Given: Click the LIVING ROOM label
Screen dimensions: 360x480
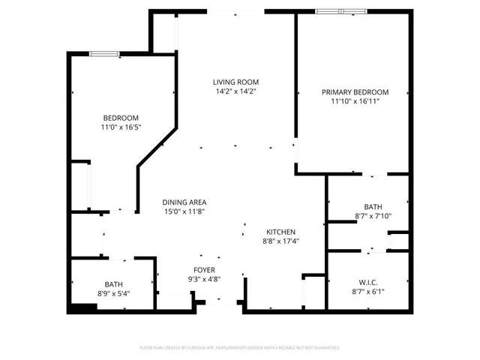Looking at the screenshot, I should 235,82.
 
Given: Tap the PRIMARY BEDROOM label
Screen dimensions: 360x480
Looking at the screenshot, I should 355,91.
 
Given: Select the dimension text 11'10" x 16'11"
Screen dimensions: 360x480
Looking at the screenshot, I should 355,101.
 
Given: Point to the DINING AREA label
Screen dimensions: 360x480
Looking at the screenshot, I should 184,202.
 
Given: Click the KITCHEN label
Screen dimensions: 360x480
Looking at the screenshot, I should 279,232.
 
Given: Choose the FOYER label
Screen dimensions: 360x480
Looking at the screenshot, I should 204,269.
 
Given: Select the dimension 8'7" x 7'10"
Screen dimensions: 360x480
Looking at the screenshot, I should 373,216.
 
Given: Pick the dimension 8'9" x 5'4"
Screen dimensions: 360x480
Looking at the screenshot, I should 114,293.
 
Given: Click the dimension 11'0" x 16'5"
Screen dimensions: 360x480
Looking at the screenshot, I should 121,127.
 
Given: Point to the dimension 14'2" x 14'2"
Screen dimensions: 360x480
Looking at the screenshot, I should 235,91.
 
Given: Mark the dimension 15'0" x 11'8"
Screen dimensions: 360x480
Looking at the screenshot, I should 184,211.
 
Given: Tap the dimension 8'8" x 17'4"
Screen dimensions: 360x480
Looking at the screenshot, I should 279,241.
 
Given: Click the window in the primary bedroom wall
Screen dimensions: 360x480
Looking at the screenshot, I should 341,11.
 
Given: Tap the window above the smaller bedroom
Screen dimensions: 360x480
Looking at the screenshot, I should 104,53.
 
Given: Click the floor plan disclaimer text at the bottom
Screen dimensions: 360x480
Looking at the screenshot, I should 240,348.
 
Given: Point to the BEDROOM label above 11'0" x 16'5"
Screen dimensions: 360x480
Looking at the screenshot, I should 121,118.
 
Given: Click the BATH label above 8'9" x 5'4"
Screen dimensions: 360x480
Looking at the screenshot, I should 114,284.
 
